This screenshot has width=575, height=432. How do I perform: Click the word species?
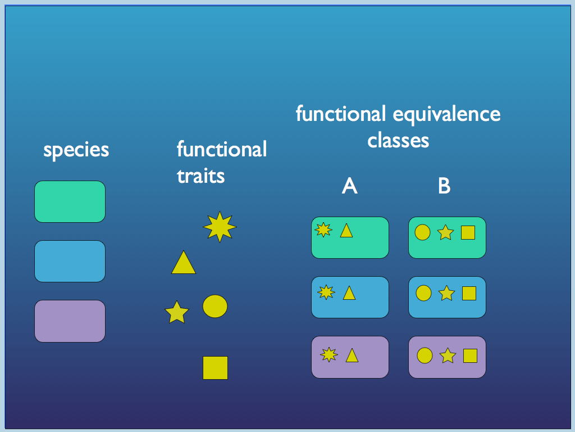tap(76, 150)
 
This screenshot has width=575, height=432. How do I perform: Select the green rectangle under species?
tap(70, 201)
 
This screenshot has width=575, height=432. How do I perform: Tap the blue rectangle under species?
tap(70, 261)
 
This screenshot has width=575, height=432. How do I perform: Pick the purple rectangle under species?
tap(70, 321)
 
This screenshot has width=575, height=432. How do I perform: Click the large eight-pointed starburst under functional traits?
tap(220, 227)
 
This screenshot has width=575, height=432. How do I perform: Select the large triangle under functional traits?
tap(184, 264)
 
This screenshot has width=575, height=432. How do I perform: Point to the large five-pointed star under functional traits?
tap(177, 313)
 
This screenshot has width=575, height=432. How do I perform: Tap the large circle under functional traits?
tap(215, 306)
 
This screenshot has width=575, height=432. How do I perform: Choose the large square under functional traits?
tap(215, 367)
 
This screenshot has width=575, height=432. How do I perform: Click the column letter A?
tap(349, 186)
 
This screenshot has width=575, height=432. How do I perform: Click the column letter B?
tap(444, 186)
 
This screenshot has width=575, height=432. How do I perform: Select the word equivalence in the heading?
tap(446, 114)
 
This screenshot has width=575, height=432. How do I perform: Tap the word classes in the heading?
tap(398, 140)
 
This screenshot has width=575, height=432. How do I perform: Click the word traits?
tap(200, 176)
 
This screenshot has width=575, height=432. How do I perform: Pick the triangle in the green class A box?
tap(346, 231)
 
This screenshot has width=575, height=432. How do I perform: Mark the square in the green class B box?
tap(468, 232)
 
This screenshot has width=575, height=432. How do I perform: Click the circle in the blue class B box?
tap(423, 293)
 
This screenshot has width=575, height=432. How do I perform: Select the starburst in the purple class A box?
tap(328, 354)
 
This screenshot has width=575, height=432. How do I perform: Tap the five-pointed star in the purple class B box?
tap(448, 356)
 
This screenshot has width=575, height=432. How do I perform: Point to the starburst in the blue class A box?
tap(326, 292)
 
